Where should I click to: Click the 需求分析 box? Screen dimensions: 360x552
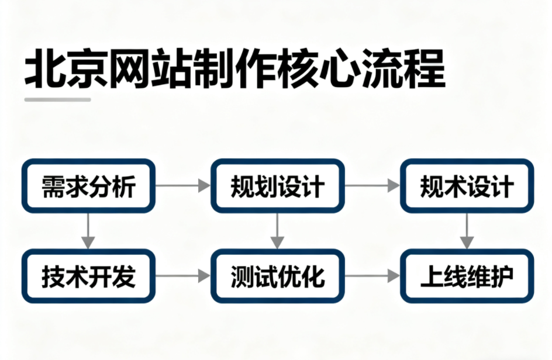point(88,186)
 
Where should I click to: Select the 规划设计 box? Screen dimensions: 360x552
point(277,186)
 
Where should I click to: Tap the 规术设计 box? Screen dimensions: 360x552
point(467,186)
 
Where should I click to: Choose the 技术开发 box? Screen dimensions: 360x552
point(88,276)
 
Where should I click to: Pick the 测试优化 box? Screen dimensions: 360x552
point(277,276)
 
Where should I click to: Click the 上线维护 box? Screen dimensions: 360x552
point(467,276)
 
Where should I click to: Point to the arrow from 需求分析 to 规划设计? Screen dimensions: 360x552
point(183,186)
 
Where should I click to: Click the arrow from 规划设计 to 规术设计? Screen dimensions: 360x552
point(372,186)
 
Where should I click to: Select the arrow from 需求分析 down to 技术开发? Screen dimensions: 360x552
point(88,231)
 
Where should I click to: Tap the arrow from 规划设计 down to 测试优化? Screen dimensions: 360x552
point(277,231)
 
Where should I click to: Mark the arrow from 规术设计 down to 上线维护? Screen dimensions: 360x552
point(467,231)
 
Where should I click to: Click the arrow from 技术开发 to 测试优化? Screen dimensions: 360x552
point(183,276)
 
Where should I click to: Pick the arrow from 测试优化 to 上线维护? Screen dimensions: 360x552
point(372,276)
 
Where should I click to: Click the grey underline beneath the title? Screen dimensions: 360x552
point(57,99)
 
